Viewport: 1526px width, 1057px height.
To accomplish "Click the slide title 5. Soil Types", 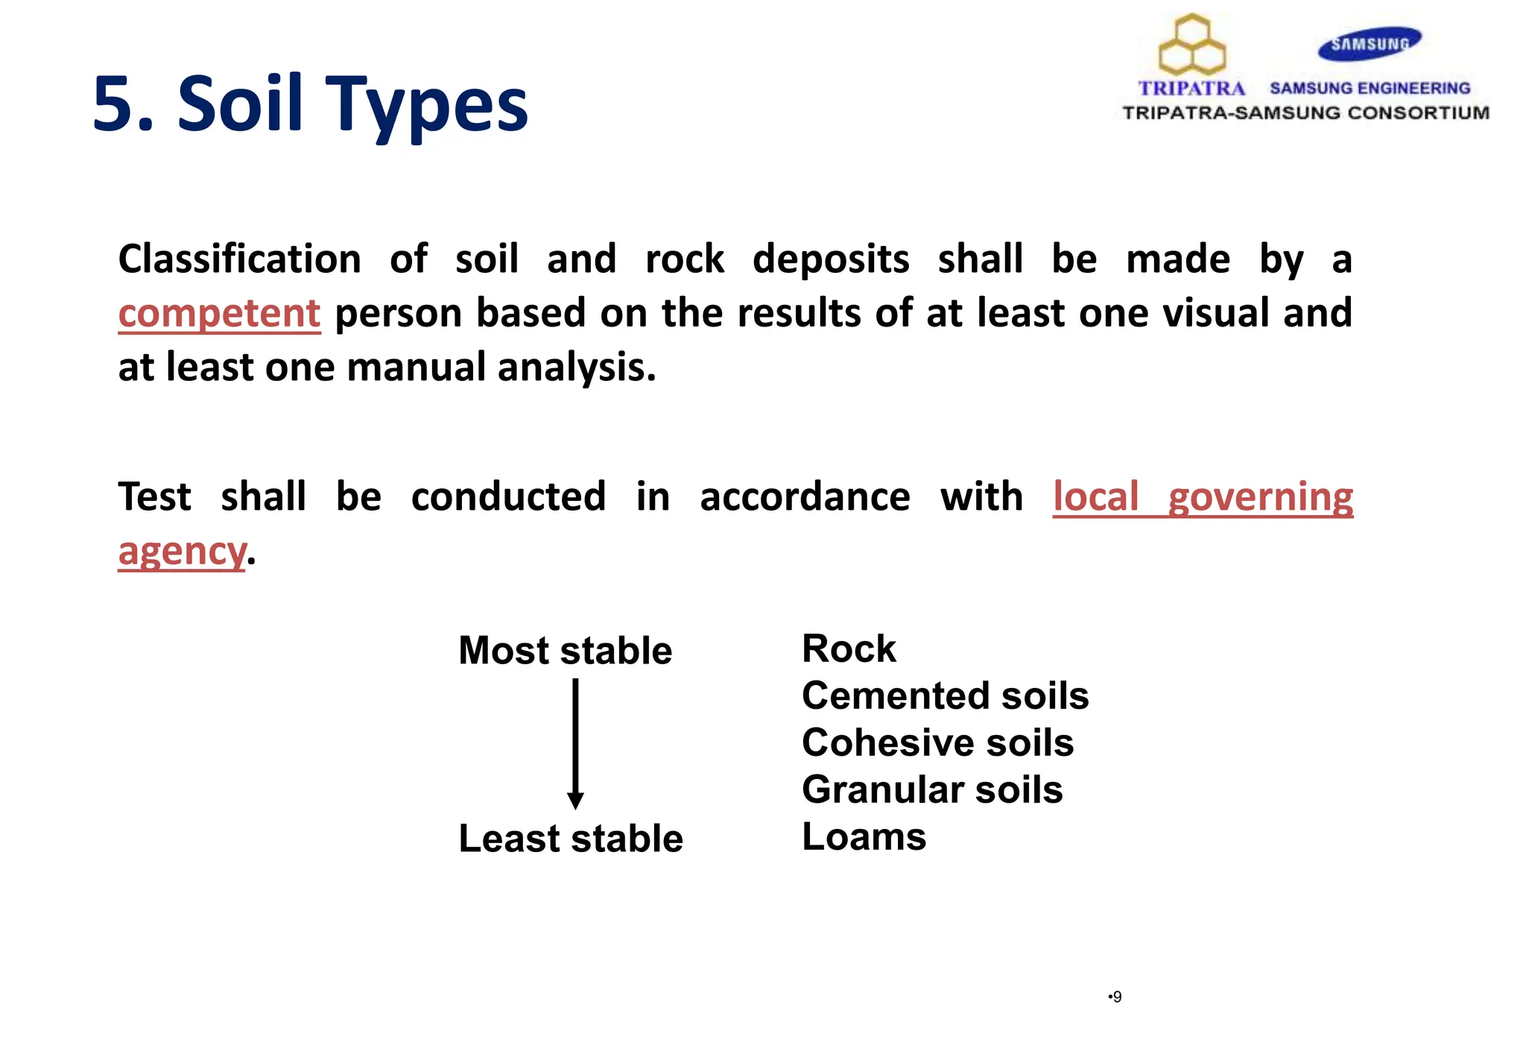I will [310, 104].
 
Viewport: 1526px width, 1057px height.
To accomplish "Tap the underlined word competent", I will [219, 313].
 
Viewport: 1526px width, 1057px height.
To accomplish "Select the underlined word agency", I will [182, 552].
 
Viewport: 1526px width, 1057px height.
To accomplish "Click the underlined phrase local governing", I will [1203, 497].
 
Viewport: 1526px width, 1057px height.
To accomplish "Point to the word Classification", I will [239, 259].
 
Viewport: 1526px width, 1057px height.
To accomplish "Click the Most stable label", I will [565, 650].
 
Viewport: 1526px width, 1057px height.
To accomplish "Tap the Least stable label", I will [570, 839].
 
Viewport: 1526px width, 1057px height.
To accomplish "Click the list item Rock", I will [849, 649].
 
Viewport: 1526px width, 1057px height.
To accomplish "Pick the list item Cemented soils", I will [945, 695].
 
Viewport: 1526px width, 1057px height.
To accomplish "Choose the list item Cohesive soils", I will [937, 742].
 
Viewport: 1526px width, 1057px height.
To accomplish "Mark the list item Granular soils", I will [931, 789].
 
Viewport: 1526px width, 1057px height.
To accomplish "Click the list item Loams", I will [864, 836].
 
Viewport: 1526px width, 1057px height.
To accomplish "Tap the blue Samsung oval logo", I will [1370, 44].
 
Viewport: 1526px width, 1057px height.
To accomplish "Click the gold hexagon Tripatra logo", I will [1192, 45].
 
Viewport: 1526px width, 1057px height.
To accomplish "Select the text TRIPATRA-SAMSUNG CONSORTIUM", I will [1305, 113].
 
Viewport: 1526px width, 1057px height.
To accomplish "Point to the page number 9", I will [1116, 997].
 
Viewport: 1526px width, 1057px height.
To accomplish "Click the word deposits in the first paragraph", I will [830, 259].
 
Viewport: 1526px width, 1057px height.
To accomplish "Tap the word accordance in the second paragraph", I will [805, 497].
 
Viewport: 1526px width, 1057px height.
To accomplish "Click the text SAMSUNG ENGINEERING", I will [1370, 88].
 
